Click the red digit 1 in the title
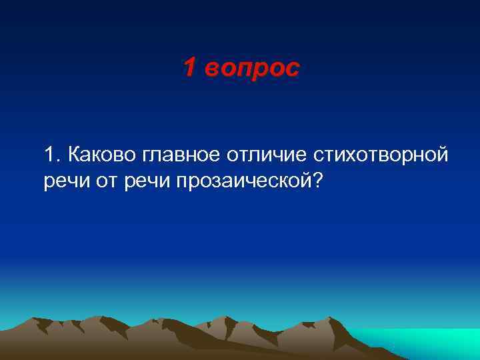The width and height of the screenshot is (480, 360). click(189, 67)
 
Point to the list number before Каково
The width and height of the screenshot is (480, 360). click(53, 156)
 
